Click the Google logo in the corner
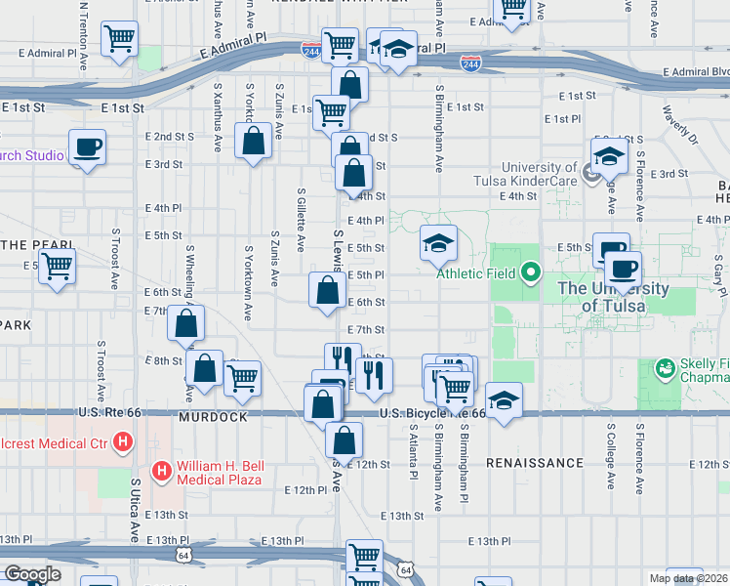point(31,574)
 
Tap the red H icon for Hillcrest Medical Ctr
point(123,442)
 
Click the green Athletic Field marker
point(531,272)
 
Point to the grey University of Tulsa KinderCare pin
point(590,174)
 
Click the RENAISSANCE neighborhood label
point(534,462)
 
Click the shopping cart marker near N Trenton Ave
point(120,40)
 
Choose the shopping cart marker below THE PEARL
point(58,265)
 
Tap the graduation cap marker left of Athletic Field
point(438,243)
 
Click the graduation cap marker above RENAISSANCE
point(504,400)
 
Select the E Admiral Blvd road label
point(695,71)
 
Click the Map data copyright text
point(688,578)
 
